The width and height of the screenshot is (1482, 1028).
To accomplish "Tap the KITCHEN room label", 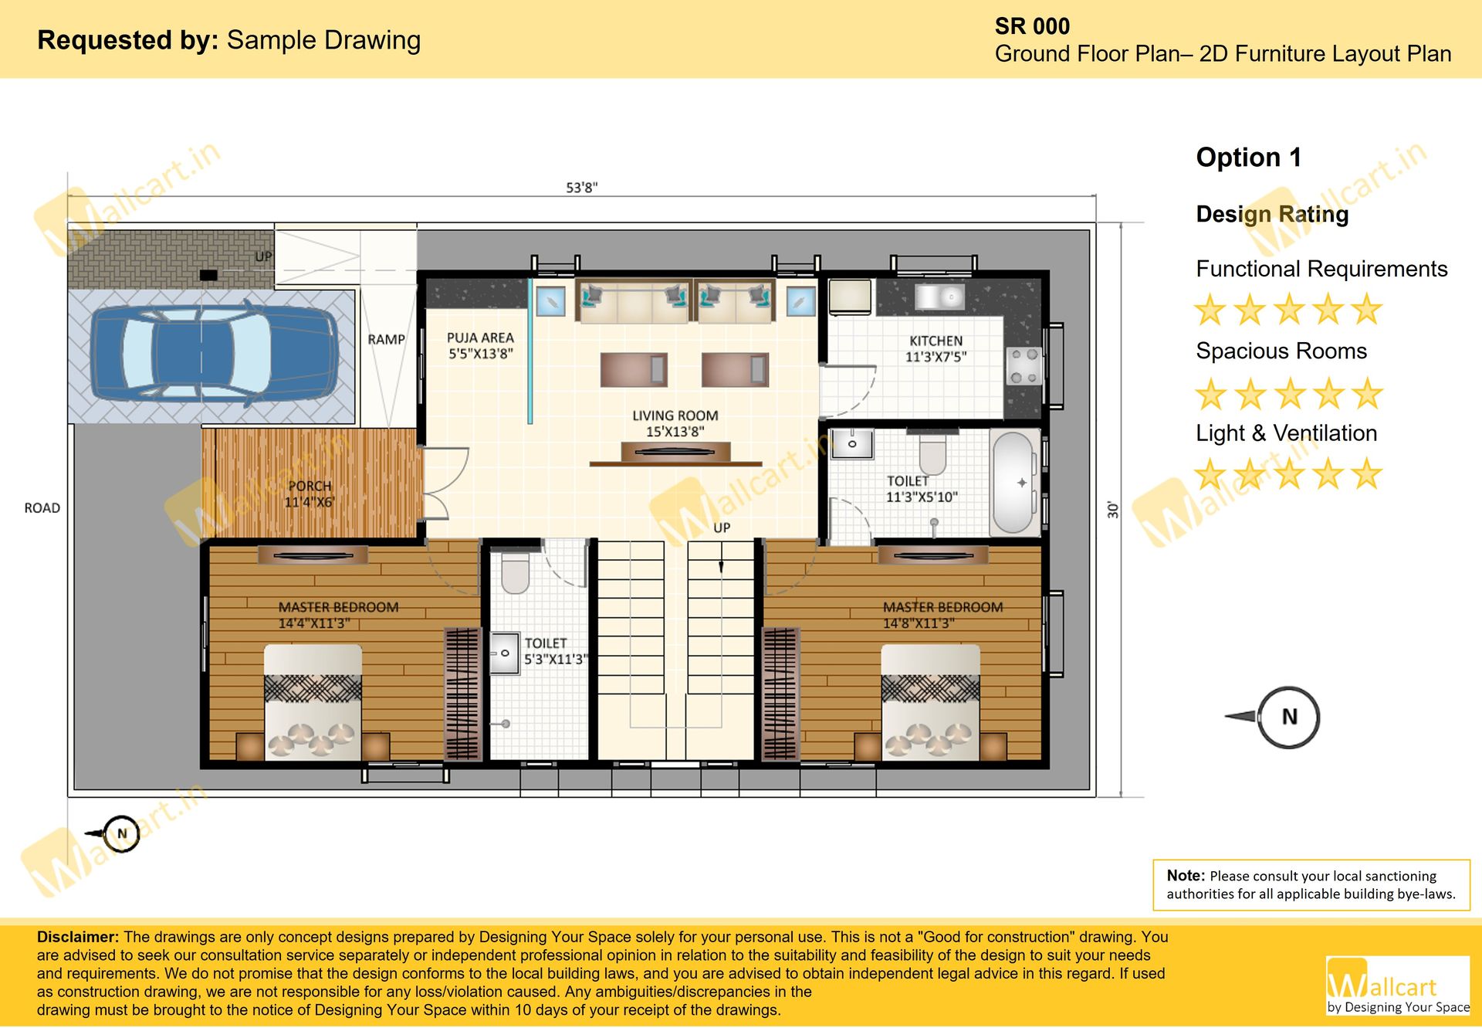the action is point(936,341).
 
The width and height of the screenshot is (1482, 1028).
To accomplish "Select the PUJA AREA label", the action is point(480,338).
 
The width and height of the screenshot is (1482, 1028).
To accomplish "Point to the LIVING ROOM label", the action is point(675,416).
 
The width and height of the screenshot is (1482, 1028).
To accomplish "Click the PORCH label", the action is point(310,486).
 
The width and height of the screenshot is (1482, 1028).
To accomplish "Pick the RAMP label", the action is point(387,339).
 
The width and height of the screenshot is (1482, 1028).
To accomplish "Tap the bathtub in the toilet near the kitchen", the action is point(1016,483).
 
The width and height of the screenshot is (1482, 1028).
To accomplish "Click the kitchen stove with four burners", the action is point(1024,366).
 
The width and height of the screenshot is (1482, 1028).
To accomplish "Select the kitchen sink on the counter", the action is point(939,296).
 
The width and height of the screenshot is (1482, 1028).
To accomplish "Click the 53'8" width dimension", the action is point(582,188).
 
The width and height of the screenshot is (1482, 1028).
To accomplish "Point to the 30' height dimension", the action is point(1112,510).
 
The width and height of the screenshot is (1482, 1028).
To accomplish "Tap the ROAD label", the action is point(42,507).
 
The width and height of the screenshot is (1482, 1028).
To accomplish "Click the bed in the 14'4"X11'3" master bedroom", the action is point(313,703).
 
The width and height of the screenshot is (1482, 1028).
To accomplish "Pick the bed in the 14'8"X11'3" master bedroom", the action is point(930,703).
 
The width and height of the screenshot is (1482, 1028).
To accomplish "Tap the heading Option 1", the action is point(1249,158).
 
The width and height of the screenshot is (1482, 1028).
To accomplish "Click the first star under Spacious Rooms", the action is point(1210,394).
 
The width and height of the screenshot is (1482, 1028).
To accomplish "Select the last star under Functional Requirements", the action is point(1367,309).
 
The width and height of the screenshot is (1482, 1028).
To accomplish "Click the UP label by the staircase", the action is point(722,528).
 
